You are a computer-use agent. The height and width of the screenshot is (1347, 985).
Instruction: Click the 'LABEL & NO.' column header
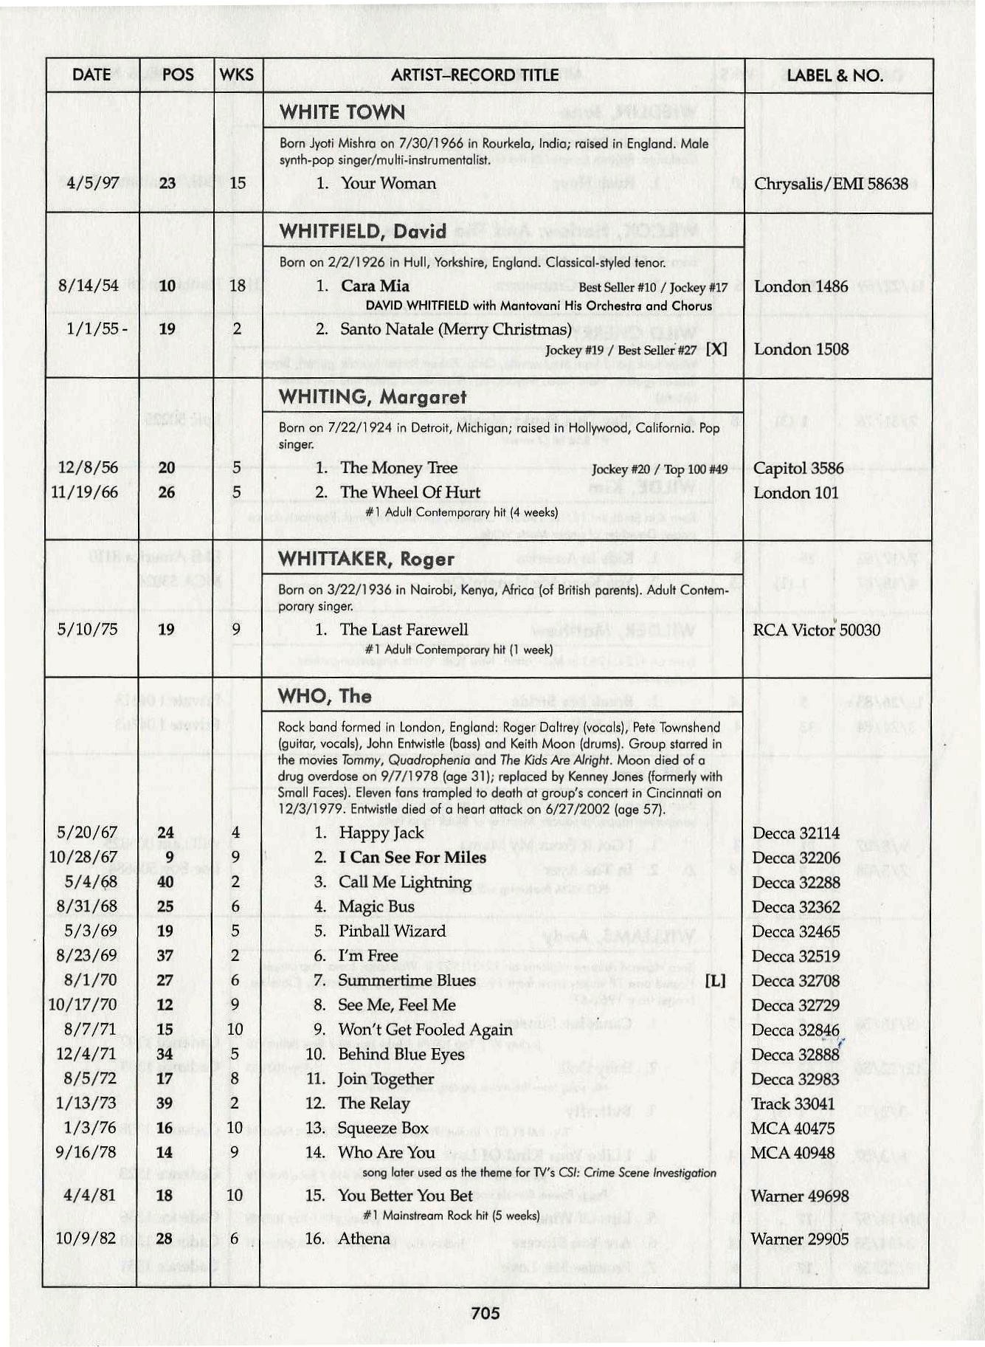click(834, 75)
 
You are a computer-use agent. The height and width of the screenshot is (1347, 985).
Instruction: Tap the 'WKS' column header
click(236, 75)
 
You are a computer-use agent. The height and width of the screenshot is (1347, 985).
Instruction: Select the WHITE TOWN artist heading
click(342, 113)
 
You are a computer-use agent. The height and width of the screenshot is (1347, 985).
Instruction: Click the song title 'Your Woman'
click(387, 183)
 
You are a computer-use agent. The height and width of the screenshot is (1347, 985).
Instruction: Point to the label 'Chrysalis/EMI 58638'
click(831, 184)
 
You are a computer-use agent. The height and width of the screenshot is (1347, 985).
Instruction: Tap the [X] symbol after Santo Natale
click(716, 349)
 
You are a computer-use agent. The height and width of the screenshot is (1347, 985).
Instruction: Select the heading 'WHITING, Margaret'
click(373, 397)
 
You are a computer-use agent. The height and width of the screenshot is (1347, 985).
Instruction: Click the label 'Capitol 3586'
click(798, 468)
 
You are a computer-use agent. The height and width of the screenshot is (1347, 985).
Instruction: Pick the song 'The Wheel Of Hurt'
click(409, 492)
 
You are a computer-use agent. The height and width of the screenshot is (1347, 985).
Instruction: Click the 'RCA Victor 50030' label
click(816, 630)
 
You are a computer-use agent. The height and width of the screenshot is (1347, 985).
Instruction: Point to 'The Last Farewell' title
click(404, 630)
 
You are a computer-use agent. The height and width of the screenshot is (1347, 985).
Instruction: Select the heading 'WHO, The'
click(325, 696)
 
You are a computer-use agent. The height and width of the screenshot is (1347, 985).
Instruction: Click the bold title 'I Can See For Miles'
click(412, 858)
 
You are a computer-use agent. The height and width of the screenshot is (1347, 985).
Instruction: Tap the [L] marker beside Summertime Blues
click(715, 981)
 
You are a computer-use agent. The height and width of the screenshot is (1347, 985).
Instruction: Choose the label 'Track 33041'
click(793, 1104)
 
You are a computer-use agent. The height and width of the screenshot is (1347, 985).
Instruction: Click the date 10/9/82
click(86, 1238)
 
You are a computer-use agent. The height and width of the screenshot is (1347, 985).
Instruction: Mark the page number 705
click(485, 1312)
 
